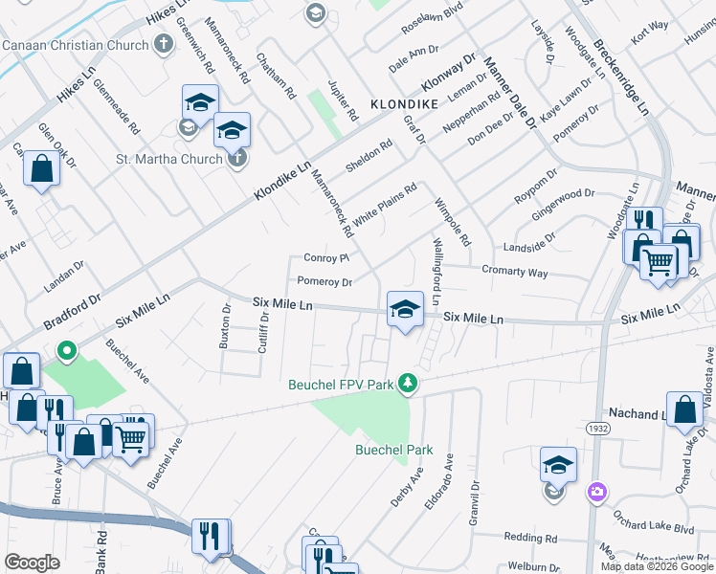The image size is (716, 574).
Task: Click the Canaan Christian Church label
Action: tap(75, 45)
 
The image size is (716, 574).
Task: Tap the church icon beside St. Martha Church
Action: tap(237, 159)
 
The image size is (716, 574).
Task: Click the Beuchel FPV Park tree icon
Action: tap(409, 383)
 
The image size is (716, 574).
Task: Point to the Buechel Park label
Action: tap(393, 450)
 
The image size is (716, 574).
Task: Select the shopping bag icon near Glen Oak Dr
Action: tap(43, 169)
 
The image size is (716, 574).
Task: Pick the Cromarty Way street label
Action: tap(514, 272)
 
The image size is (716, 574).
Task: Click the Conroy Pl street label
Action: tap(328, 258)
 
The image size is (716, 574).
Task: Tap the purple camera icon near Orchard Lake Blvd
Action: tap(597, 492)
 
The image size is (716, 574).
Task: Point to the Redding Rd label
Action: tap(530, 539)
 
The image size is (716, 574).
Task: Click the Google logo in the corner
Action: tap(32, 563)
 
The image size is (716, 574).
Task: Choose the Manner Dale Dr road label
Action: tap(509, 92)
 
